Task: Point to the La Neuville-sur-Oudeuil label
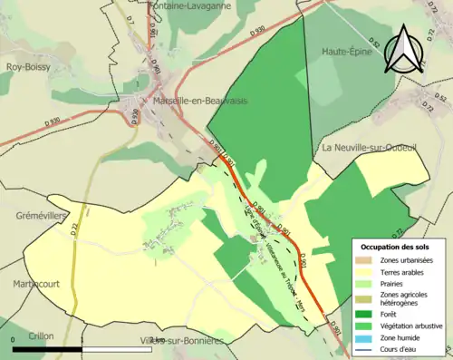[x=368, y=147]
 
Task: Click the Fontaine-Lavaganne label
[x=181, y=5]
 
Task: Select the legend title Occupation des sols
[x=398, y=246]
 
